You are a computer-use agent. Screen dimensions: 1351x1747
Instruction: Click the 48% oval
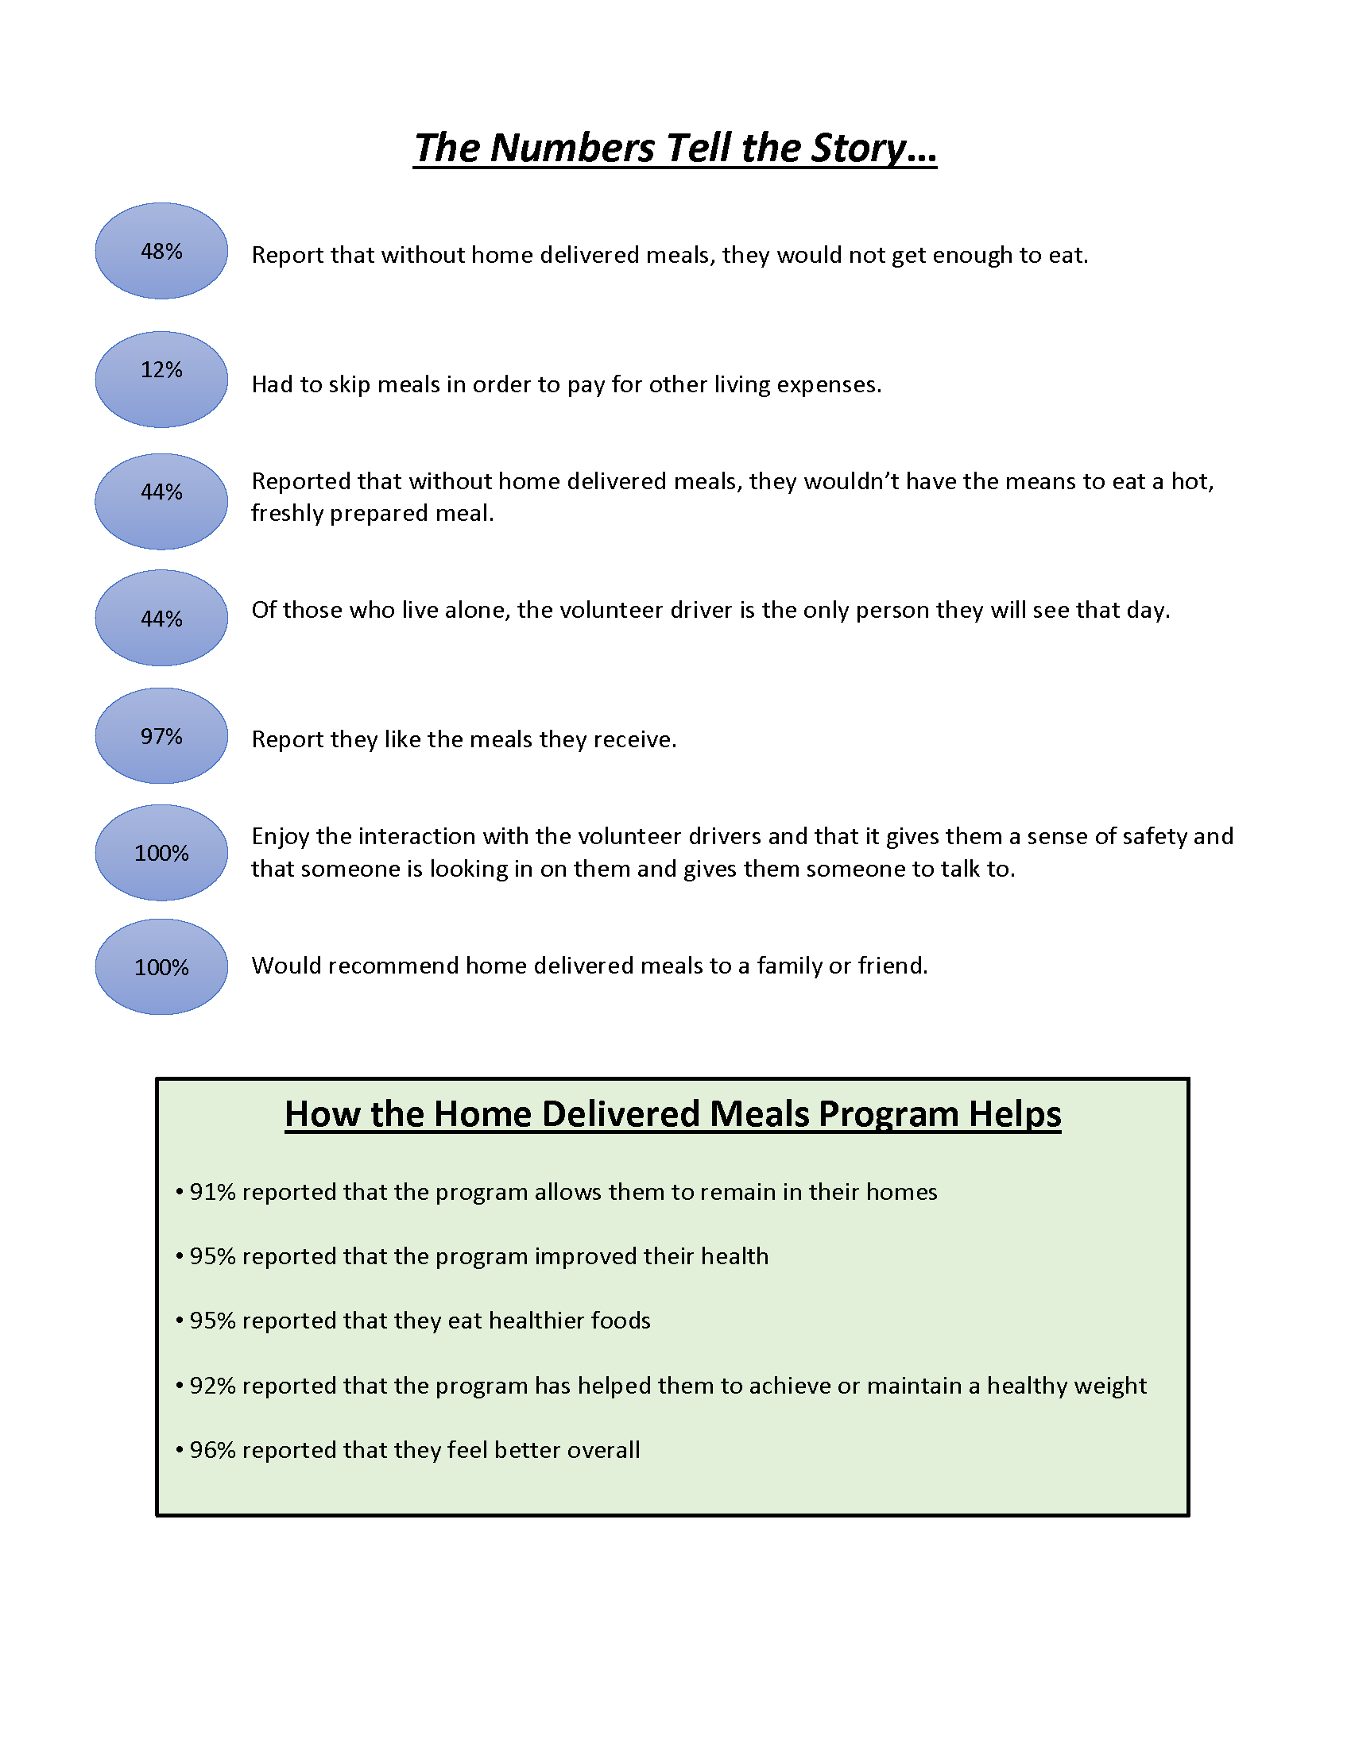(x=161, y=251)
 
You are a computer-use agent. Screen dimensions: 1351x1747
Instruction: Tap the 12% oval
(x=161, y=379)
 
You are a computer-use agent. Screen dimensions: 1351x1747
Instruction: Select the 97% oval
(x=161, y=736)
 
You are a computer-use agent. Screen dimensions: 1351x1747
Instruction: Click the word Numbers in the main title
(x=572, y=148)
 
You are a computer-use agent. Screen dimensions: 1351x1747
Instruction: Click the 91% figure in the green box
(x=213, y=1192)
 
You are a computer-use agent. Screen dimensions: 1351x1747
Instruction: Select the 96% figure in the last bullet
(x=213, y=1450)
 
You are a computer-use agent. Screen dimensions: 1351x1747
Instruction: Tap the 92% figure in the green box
(x=213, y=1386)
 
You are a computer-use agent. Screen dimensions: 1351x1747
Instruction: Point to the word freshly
(x=288, y=514)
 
